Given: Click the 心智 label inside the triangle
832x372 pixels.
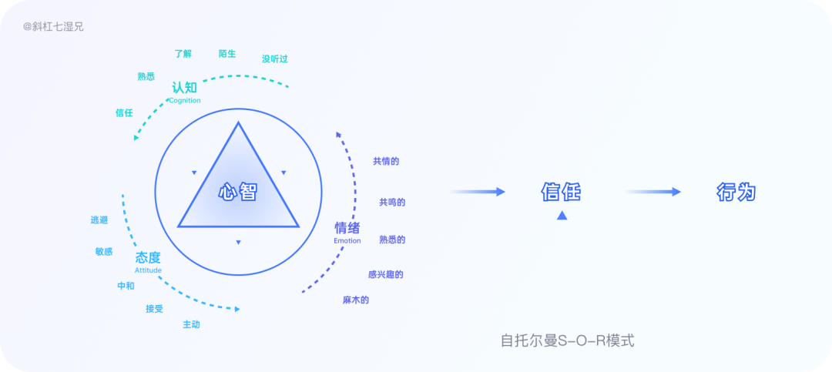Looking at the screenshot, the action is click(x=237, y=193).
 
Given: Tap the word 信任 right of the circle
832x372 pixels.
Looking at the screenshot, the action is click(x=561, y=192).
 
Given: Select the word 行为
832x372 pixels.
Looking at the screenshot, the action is click(x=736, y=192).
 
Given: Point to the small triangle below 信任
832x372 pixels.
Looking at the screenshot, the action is click(x=562, y=216).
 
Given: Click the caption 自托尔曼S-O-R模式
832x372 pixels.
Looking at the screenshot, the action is click(x=567, y=340).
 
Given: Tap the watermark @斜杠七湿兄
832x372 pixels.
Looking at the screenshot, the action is click(x=53, y=26).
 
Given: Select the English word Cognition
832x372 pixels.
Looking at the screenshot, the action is click(x=184, y=100).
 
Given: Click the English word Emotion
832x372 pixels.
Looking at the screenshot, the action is click(x=347, y=241).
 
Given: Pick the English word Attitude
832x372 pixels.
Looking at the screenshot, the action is click(x=148, y=270).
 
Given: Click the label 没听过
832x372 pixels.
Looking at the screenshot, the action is click(x=274, y=59).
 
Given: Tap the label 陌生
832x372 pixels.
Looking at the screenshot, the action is click(x=227, y=54).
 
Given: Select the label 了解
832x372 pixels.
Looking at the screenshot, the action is click(x=183, y=54).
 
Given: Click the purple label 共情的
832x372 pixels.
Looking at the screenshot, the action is click(x=386, y=161).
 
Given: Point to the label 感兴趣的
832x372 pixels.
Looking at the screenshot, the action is click(x=386, y=274).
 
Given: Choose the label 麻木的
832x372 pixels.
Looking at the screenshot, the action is click(x=356, y=300).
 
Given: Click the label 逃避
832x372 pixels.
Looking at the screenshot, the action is click(x=99, y=220).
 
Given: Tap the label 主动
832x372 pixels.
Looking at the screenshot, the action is click(x=191, y=324).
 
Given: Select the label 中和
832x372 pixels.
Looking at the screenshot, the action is click(x=126, y=286).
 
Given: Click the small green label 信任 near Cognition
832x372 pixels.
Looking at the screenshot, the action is click(x=124, y=113).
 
